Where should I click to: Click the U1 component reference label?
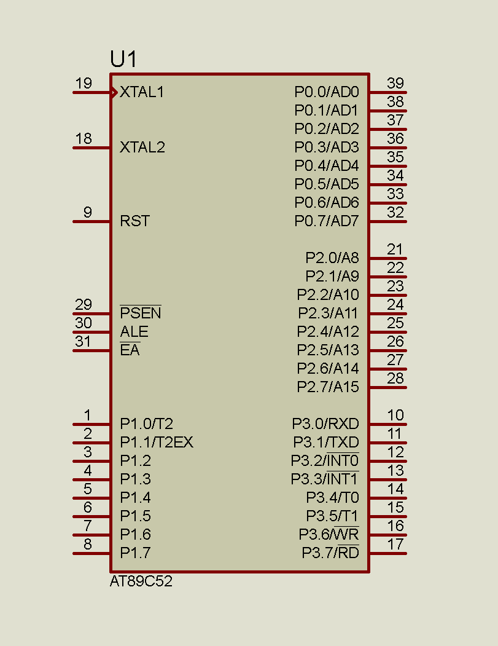pos(123,59)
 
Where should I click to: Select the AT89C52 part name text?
pos(141,581)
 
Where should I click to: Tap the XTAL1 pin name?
pos(142,92)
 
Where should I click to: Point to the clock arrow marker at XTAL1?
pos(114,92)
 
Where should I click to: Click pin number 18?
pos(84,138)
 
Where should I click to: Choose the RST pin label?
pos(134,221)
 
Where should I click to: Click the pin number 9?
pos(88,212)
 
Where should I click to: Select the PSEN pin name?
pos(141,313)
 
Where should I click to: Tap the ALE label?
pos(134,332)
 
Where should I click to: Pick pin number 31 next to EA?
pos(83,341)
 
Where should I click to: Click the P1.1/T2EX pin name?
pos(157,442)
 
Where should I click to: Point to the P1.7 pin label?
pos(136,553)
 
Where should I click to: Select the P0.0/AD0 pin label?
pos(327,92)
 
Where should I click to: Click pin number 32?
pos(395,212)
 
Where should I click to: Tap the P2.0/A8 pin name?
pos(332,258)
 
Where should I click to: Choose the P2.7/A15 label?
pos(328,387)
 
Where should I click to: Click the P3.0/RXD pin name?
pos(325,423)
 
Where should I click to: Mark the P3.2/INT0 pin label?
pos(325,460)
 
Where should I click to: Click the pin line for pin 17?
pos(388,553)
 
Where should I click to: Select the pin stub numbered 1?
pos(91,424)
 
